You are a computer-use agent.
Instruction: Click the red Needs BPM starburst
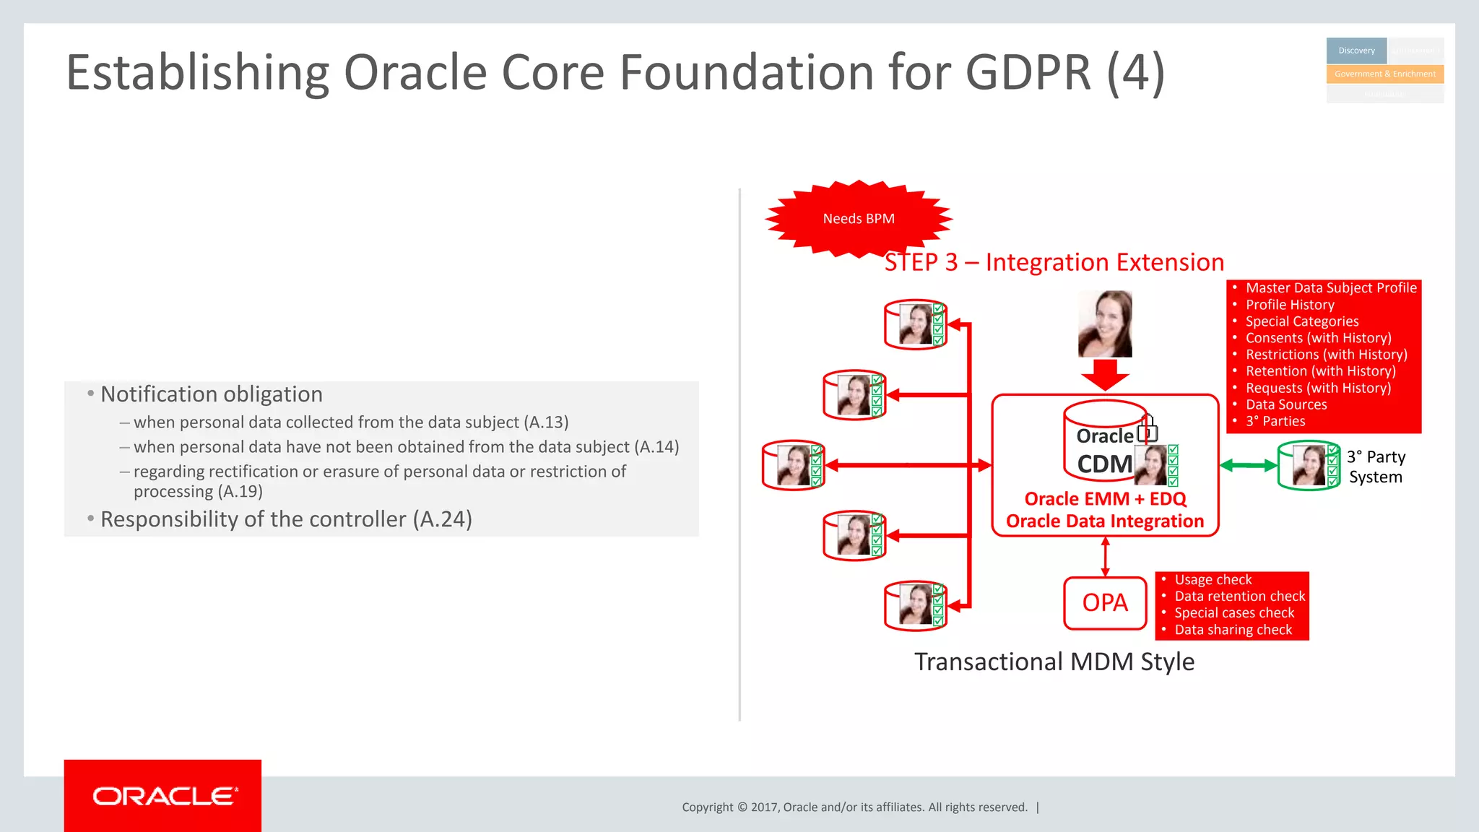coord(858,218)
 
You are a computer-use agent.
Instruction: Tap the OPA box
coord(1104,602)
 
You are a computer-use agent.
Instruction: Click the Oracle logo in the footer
coord(162,796)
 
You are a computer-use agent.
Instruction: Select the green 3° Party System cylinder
coord(1308,466)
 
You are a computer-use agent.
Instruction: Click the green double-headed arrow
coord(1248,466)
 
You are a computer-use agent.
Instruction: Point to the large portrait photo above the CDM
coord(1104,324)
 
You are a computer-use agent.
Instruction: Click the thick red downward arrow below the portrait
coord(1104,375)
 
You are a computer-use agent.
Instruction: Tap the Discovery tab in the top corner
coord(1356,51)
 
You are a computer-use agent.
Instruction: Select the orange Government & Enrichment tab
coord(1384,74)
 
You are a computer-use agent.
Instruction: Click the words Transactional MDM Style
coord(1054,662)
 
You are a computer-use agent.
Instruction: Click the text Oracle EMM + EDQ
coord(1104,499)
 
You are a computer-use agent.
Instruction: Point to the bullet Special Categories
coord(1301,321)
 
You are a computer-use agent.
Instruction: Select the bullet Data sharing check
coord(1233,630)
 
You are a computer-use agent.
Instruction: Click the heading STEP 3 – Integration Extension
coord(1054,262)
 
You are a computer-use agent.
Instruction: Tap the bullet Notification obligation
coord(211,394)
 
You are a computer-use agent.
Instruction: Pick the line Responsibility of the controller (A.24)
coord(286,519)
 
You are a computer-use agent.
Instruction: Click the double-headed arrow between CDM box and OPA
coord(1105,557)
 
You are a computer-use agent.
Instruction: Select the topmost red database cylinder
coord(915,324)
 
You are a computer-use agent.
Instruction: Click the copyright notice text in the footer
coord(854,807)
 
